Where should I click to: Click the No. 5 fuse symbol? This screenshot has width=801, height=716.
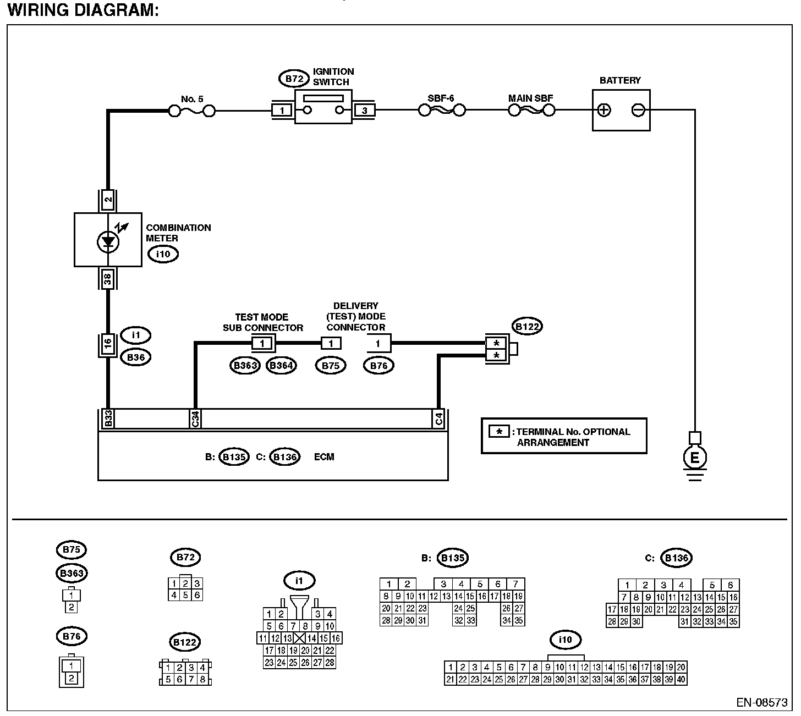(192, 112)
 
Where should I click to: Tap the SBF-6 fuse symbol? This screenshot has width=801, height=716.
(442, 111)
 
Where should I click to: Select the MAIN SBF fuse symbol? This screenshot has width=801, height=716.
(531, 111)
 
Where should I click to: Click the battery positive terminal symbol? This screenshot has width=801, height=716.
(604, 110)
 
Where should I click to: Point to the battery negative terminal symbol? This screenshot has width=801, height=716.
(638, 110)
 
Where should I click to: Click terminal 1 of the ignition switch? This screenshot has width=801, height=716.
(282, 111)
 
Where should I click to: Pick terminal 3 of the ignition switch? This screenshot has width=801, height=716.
(365, 111)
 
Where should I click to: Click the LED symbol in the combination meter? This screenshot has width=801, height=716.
(108, 241)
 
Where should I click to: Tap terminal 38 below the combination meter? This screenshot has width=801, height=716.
(108, 279)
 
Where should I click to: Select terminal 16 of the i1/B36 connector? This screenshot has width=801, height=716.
(108, 345)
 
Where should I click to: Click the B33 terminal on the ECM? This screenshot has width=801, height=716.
(108, 419)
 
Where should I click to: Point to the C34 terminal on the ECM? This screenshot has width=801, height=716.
(195, 419)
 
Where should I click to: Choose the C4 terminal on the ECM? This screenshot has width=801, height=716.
(438, 419)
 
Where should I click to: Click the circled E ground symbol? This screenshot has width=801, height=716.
(694, 458)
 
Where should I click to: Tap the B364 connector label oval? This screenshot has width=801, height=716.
(281, 366)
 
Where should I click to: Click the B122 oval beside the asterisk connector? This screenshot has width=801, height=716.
(526, 326)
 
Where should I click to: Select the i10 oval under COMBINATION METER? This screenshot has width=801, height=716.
(163, 254)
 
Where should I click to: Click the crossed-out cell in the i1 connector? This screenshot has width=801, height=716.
(299, 638)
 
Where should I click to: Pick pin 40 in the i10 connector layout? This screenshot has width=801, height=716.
(681, 680)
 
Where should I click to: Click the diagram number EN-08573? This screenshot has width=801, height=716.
(762, 703)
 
